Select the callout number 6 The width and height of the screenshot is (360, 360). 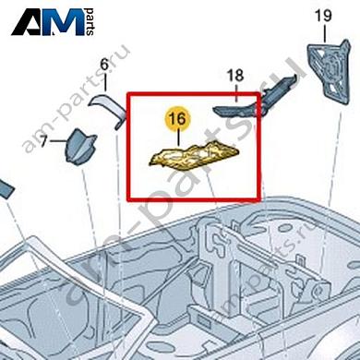point(103,64)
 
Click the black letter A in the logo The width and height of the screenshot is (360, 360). point(30,21)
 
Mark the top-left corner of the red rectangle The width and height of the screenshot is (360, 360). point(127,92)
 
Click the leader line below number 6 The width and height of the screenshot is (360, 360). point(104,82)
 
